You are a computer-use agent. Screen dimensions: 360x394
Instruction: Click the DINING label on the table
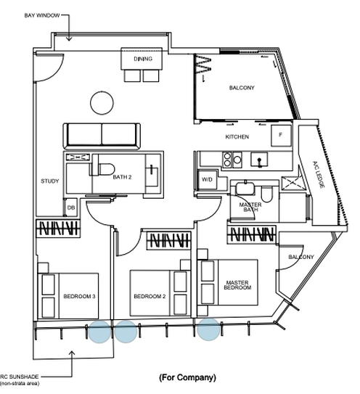coord(143,59)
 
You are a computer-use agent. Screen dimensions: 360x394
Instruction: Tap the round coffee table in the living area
coord(102,103)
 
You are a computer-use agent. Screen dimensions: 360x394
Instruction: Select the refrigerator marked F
coord(281,136)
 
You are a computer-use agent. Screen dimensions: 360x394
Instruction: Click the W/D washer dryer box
coord(207,180)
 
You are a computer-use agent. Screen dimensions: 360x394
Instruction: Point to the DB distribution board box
coord(71,208)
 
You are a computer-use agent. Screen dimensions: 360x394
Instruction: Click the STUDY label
coord(50,181)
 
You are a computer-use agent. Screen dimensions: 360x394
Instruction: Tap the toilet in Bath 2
coord(104,169)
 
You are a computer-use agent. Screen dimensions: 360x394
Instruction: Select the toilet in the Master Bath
coord(266,194)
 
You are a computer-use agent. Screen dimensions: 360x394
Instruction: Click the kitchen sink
coord(259,160)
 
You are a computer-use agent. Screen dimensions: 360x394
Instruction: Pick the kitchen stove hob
coord(232,160)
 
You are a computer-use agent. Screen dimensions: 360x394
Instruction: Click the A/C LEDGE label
coord(319,174)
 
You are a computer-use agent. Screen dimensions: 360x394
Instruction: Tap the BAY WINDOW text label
coord(42,15)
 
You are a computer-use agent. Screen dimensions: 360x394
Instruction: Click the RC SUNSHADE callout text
coord(20,377)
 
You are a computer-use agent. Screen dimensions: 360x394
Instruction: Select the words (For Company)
coord(187,377)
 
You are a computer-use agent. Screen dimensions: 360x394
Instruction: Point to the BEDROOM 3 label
coord(79,296)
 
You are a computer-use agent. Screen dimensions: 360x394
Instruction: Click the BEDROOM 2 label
coord(150,296)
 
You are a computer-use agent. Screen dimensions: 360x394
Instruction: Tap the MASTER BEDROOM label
coord(237,285)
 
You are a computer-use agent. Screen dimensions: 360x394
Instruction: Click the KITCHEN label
coord(237,137)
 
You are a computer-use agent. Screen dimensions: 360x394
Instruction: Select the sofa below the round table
coord(102,136)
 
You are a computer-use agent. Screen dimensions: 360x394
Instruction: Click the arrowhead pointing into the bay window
coord(69,38)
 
